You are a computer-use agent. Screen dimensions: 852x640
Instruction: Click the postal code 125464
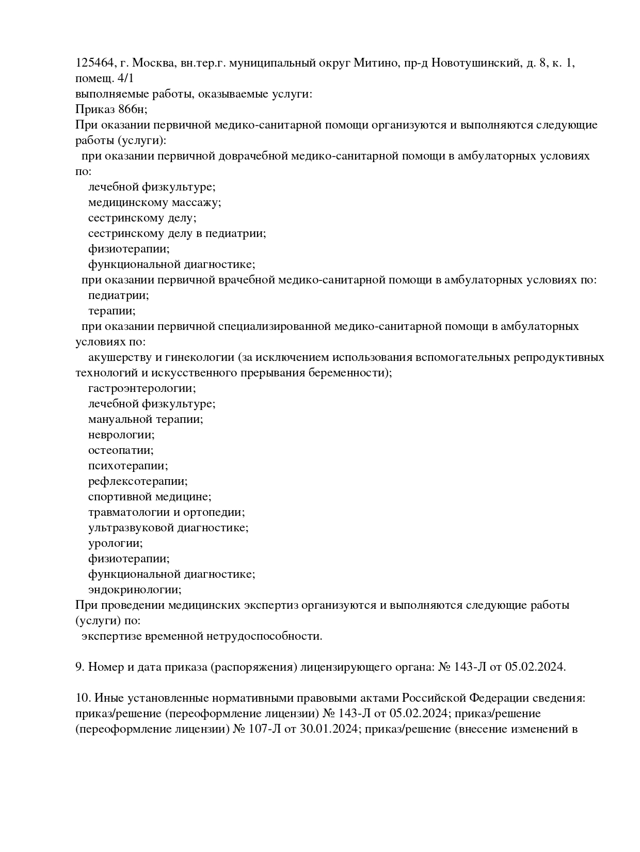[94, 64]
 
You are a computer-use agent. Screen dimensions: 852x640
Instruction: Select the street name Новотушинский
[474, 64]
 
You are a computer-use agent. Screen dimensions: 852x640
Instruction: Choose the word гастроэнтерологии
[141, 388]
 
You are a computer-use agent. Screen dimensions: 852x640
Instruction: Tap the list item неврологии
[121, 435]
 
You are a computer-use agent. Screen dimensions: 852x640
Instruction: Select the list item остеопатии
[120, 450]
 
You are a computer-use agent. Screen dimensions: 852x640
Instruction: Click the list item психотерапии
[127, 466]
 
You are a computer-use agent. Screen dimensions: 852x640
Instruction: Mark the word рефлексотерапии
[137, 481]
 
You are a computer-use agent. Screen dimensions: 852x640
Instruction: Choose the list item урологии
[115, 543]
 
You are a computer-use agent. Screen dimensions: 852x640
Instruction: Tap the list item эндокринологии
[134, 590]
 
